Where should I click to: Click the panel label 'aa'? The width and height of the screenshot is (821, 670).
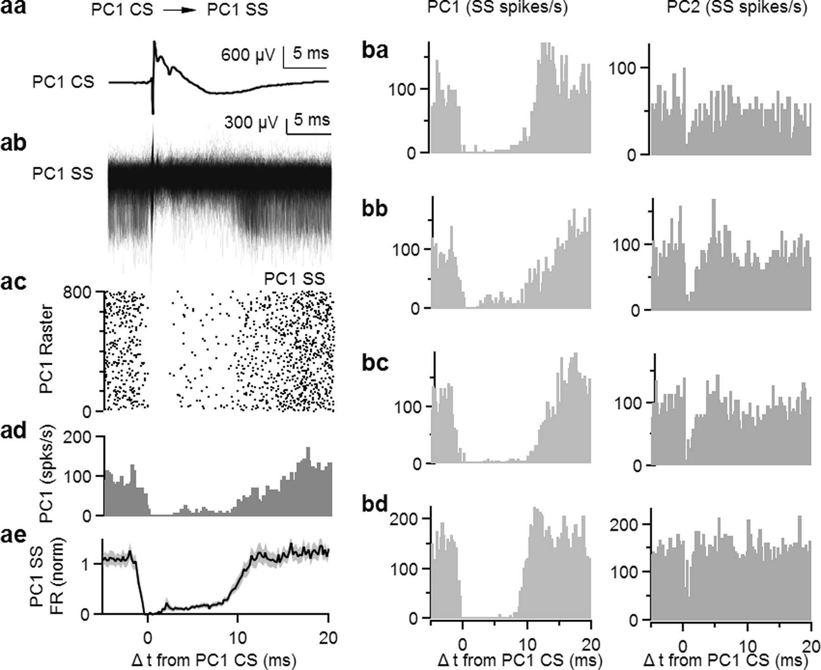pyautogui.click(x=13, y=8)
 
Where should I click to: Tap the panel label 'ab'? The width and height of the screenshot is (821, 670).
pyautogui.click(x=13, y=143)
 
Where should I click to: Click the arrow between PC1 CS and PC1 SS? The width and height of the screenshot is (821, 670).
pyautogui.click(x=180, y=10)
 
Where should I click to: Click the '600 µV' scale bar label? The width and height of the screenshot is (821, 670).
pyautogui.click(x=248, y=55)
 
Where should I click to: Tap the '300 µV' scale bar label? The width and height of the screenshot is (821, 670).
pyautogui.click(x=251, y=122)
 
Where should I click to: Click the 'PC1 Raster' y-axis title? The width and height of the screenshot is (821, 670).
pyautogui.click(x=47, y=349)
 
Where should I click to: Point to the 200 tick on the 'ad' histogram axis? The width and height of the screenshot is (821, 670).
pyautogui.click(x=77, y=437)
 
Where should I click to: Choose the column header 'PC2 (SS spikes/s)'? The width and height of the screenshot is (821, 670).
pyautogui.click(x=737, y=8)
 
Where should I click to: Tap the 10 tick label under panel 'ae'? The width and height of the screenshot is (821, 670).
pyautogui.click(x=237, y=638)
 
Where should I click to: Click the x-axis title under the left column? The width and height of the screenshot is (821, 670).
pyautogui.click(x=214, y=660)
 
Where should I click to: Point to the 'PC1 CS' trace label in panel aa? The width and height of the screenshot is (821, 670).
pyautogui.click(x=63, y=82)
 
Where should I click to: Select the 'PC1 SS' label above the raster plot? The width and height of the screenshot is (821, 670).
pyautogui.click(x=294, y=278)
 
